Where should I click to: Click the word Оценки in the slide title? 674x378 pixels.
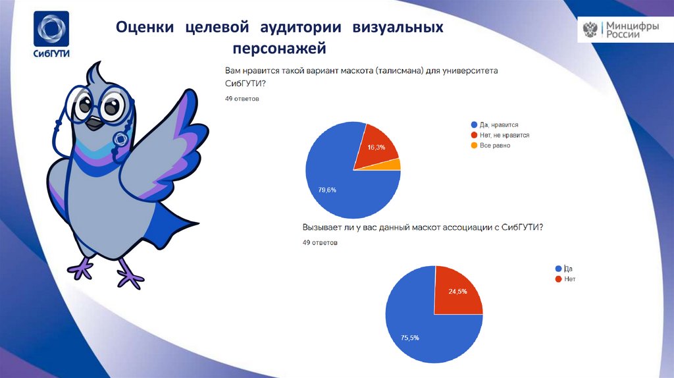tap(145, 28)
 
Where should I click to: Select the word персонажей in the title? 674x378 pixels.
tap(278, 49)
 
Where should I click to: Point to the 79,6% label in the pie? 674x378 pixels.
tap(327, 190)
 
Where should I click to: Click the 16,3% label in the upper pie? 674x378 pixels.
tap(376, 148)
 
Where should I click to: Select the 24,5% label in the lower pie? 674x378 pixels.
tap(457, 291)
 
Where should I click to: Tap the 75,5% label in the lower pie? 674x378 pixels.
tap(410, 338)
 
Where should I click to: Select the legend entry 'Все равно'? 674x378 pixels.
tap(494, 146)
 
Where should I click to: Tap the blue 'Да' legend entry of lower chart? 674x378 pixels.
tap(567, 269)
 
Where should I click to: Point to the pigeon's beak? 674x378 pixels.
tap(96, 121)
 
